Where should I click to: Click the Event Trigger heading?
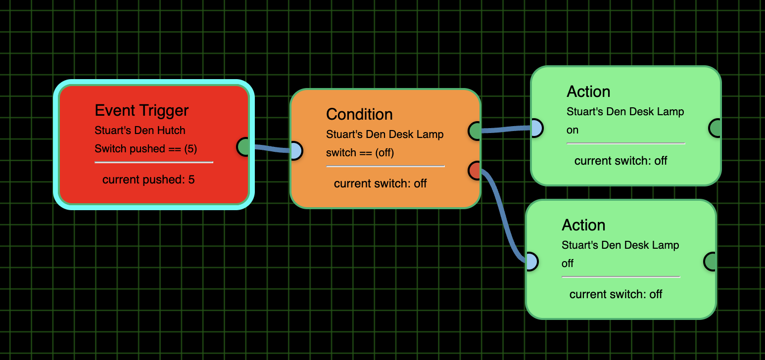click(142, 110)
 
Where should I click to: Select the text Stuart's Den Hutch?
click(140, 131)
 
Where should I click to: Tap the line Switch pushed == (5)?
click(146, 149)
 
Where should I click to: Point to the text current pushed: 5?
click(148, 180)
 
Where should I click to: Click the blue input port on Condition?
click(295, 150)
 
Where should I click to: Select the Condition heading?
click(359, 114)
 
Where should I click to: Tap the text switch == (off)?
click(360, 153)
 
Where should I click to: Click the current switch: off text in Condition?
click(380, 184)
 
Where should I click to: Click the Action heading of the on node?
click(588, 91)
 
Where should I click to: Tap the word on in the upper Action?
click(573, 130)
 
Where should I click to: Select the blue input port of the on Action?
click(536, 128)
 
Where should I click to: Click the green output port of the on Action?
click(715, 128)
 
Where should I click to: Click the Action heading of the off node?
click(583, 225)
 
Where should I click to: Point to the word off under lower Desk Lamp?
click(568, 264)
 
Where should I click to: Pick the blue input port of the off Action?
click(531, 262)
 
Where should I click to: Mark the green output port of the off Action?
click(710, 262)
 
